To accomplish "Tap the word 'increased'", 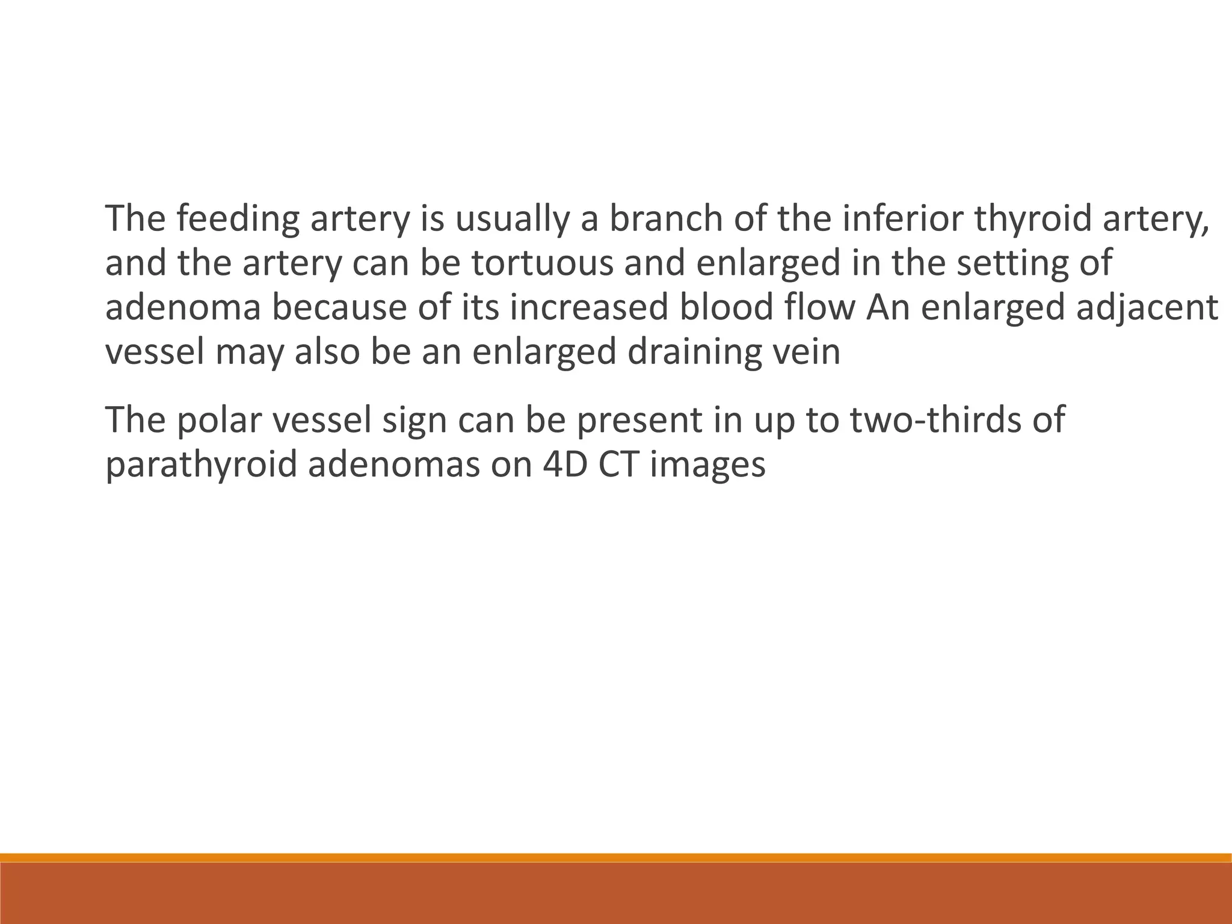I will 590,307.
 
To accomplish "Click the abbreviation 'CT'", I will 618,464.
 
